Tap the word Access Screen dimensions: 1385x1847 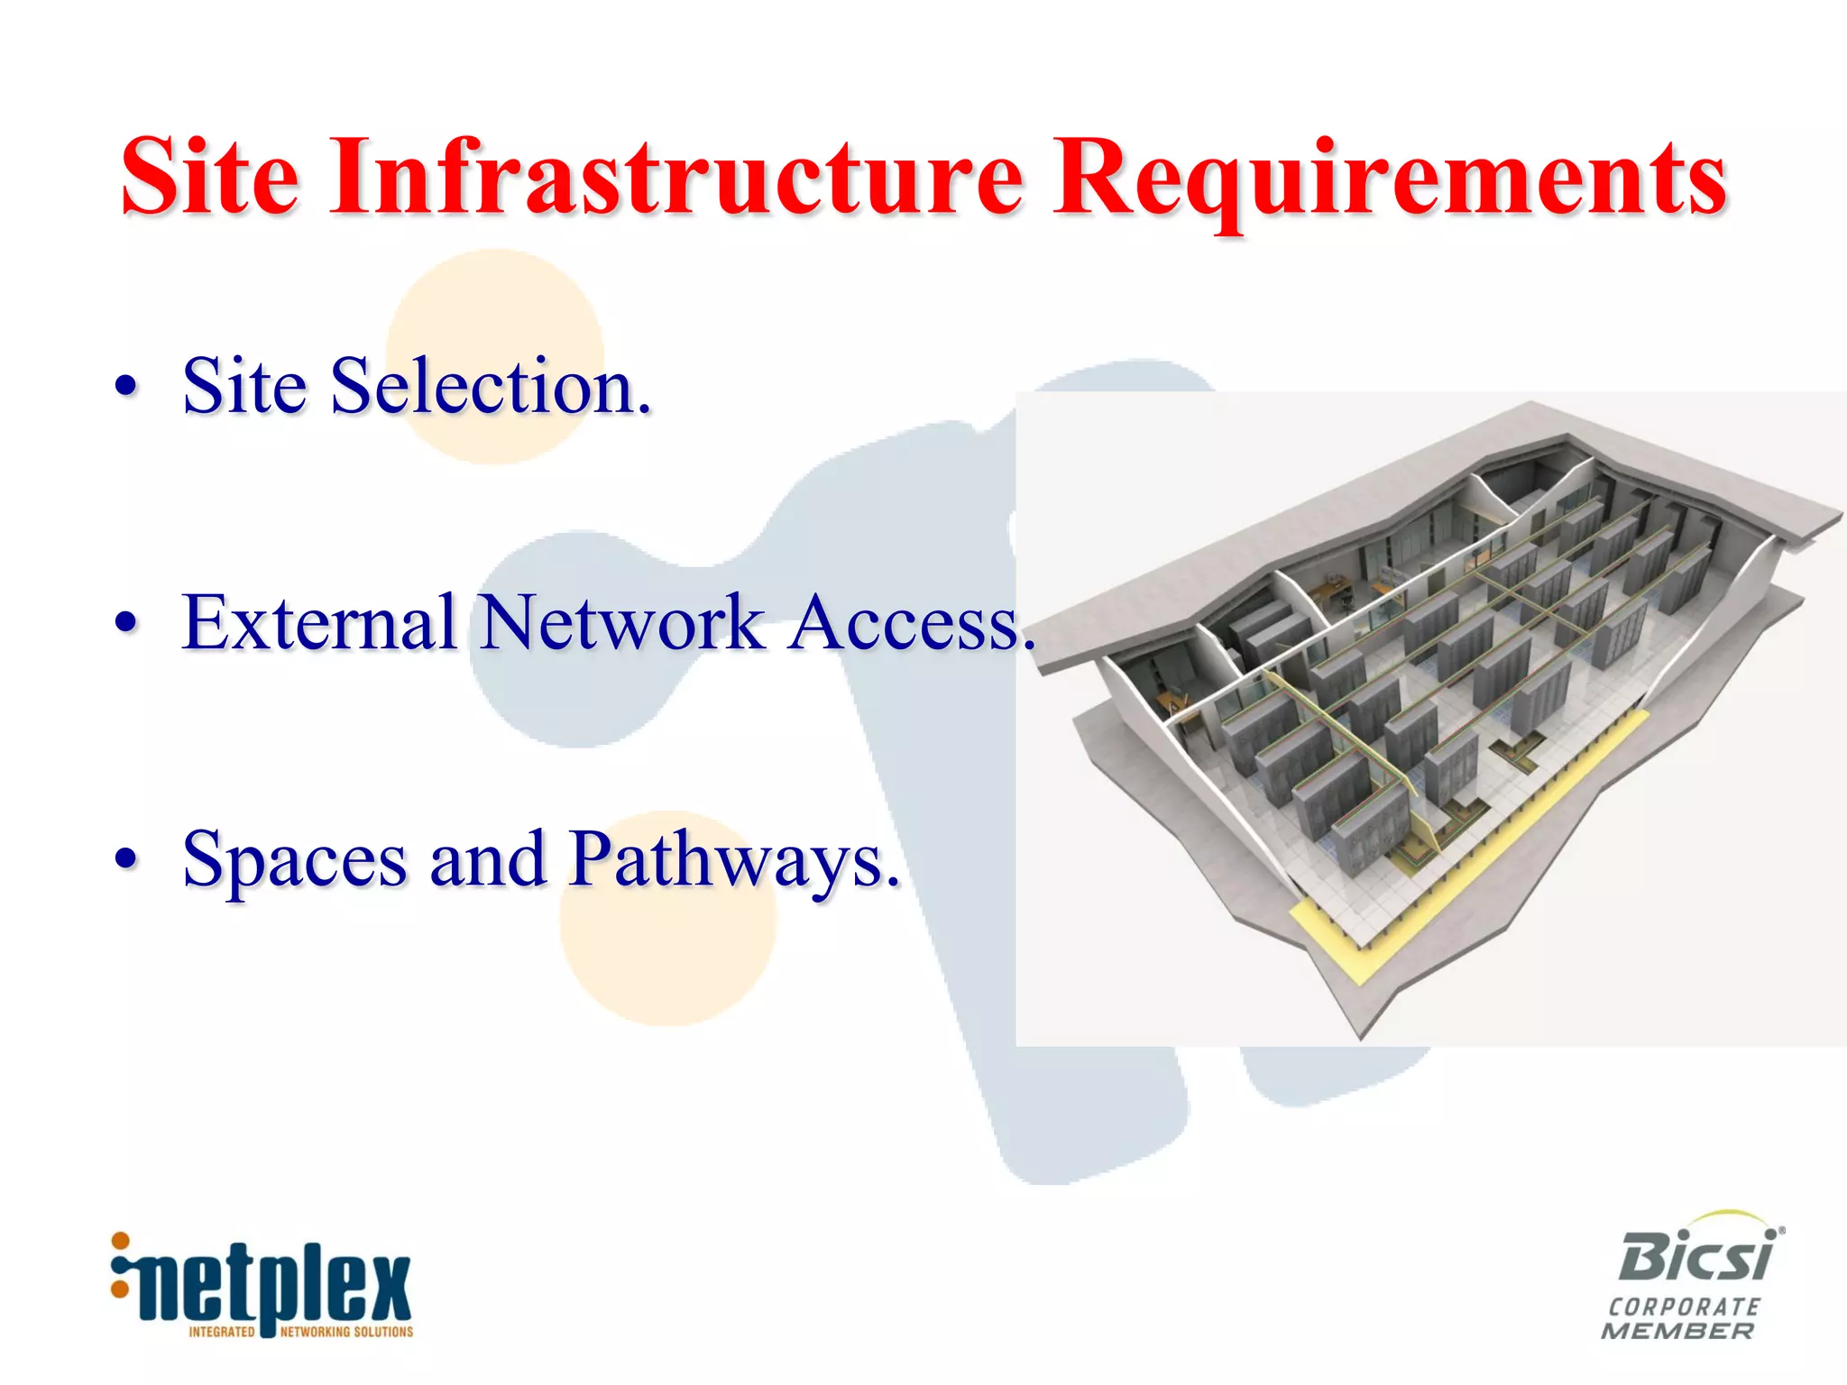pyautogui.click(x=911, y=624)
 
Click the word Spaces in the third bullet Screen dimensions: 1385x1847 pyautogui.click(x=294, y=861)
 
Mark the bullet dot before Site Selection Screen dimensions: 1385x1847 pyautogui.click(x=127, y=387)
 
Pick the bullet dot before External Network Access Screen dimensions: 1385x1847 pyautogui.click(x=127, y=623)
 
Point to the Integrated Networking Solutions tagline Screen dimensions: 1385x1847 pyautogui.click(x=300, y=1332)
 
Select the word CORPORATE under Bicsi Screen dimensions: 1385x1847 pyautogui.click(x=1684, y=1307)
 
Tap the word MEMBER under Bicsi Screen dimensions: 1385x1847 pyautogui.click(x=1678, y=1331)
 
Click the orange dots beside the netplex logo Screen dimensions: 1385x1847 pyautogui.click(x=119, y=1266)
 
